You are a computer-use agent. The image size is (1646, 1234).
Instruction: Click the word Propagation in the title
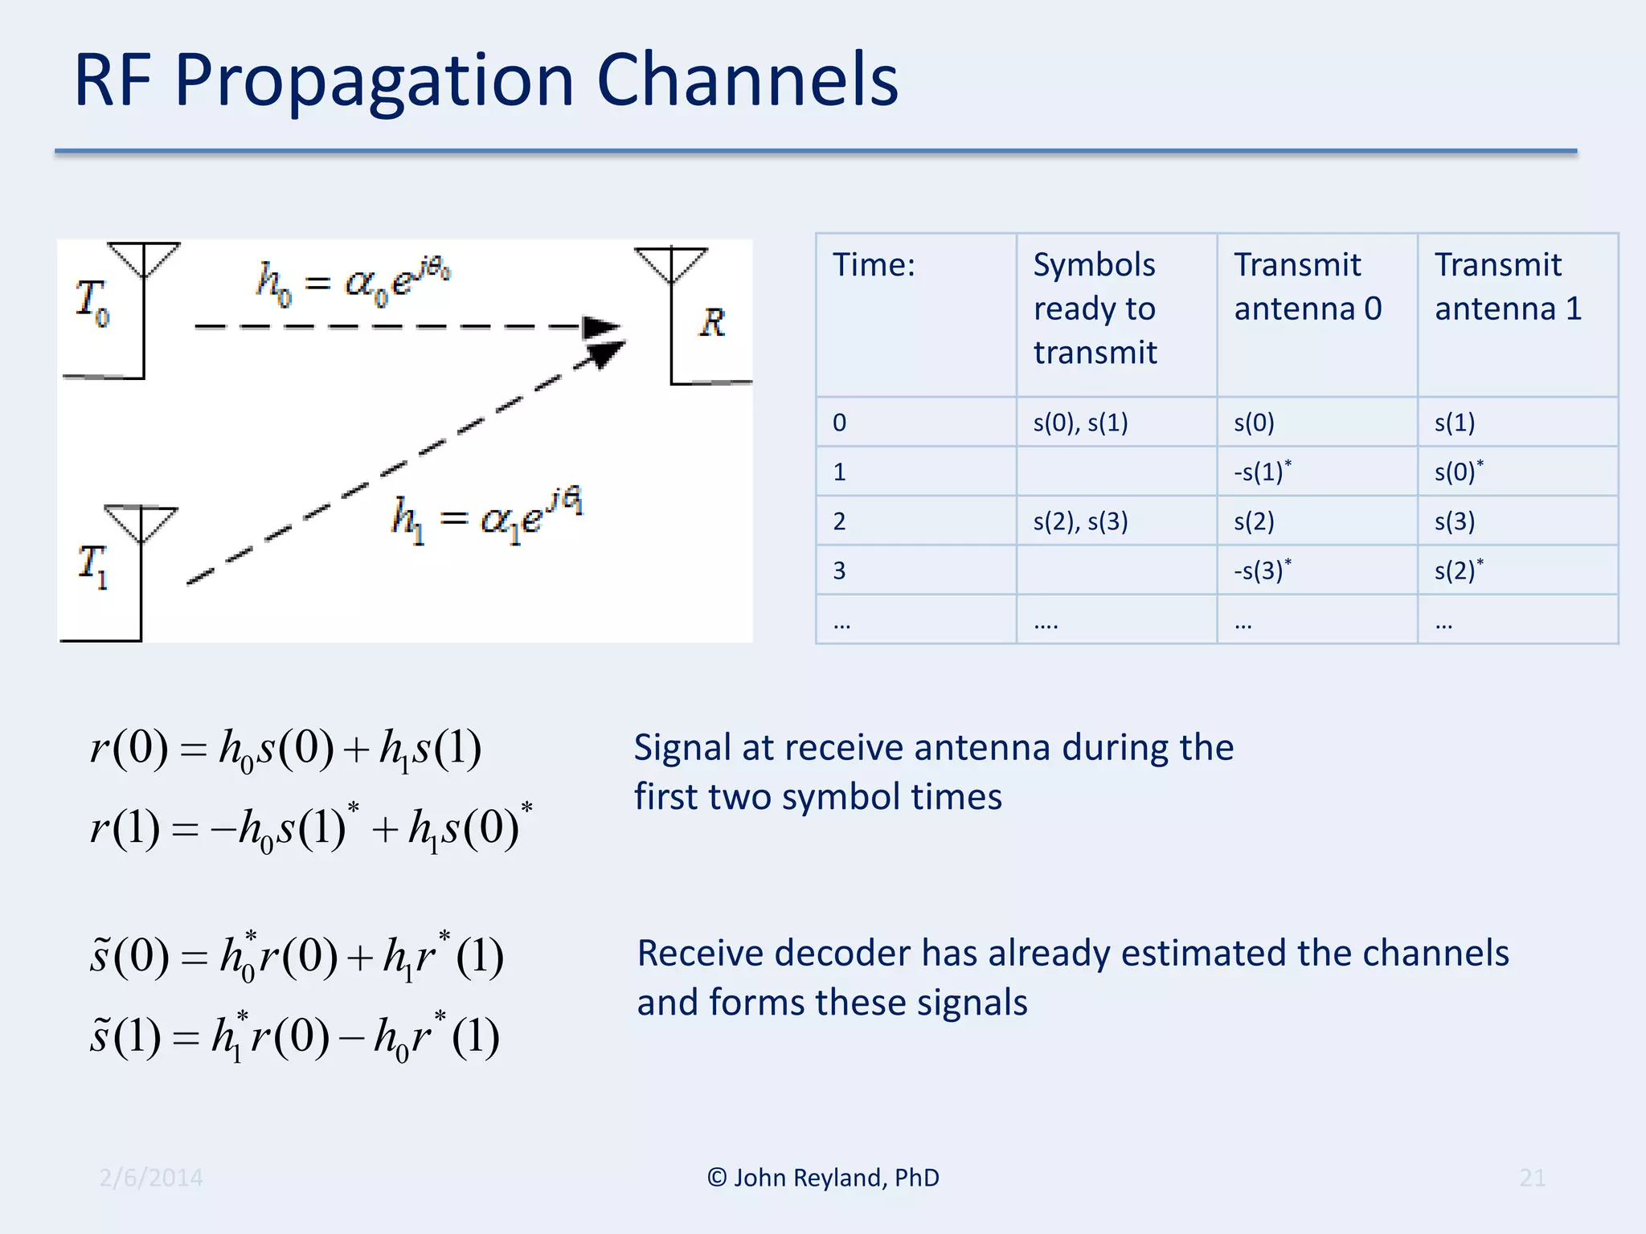(374, 81)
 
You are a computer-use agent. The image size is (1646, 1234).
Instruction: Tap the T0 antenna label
(92, 302)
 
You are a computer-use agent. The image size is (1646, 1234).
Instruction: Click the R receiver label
(712, 323)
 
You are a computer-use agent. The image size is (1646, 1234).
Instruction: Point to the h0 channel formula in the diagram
(354, 284)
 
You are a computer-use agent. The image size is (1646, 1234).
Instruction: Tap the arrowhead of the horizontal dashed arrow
(601, 328)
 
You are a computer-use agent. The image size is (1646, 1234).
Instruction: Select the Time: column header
(874, 265)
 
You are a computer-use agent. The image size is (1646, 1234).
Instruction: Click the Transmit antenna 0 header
(1308, 287)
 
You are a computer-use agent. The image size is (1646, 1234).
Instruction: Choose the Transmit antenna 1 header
(1508, 287)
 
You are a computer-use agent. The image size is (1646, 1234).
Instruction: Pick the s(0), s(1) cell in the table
(1080, 423)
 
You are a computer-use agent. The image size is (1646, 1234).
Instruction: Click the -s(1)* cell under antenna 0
(1262, 472)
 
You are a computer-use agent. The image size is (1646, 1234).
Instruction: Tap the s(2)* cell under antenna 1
(1458, 570)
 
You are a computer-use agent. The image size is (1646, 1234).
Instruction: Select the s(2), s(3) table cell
(1080, 521)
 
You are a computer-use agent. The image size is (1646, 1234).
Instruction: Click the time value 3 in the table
(839, 570)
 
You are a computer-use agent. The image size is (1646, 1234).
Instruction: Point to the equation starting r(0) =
(285, 749)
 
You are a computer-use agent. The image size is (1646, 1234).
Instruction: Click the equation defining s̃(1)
(294, 1036)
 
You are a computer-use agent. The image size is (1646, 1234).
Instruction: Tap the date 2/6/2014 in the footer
(151, 1178)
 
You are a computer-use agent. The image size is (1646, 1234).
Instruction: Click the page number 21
(1532, 1178)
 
